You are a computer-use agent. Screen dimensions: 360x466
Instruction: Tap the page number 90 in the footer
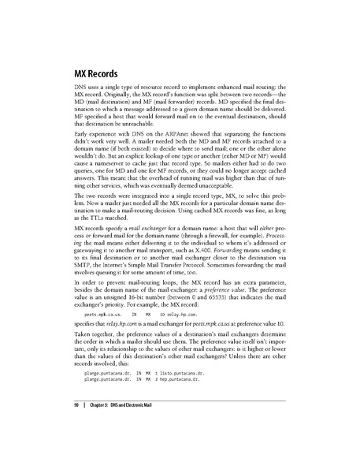(66, 426)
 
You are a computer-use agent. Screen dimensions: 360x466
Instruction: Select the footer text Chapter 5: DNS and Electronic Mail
(120, 426)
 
